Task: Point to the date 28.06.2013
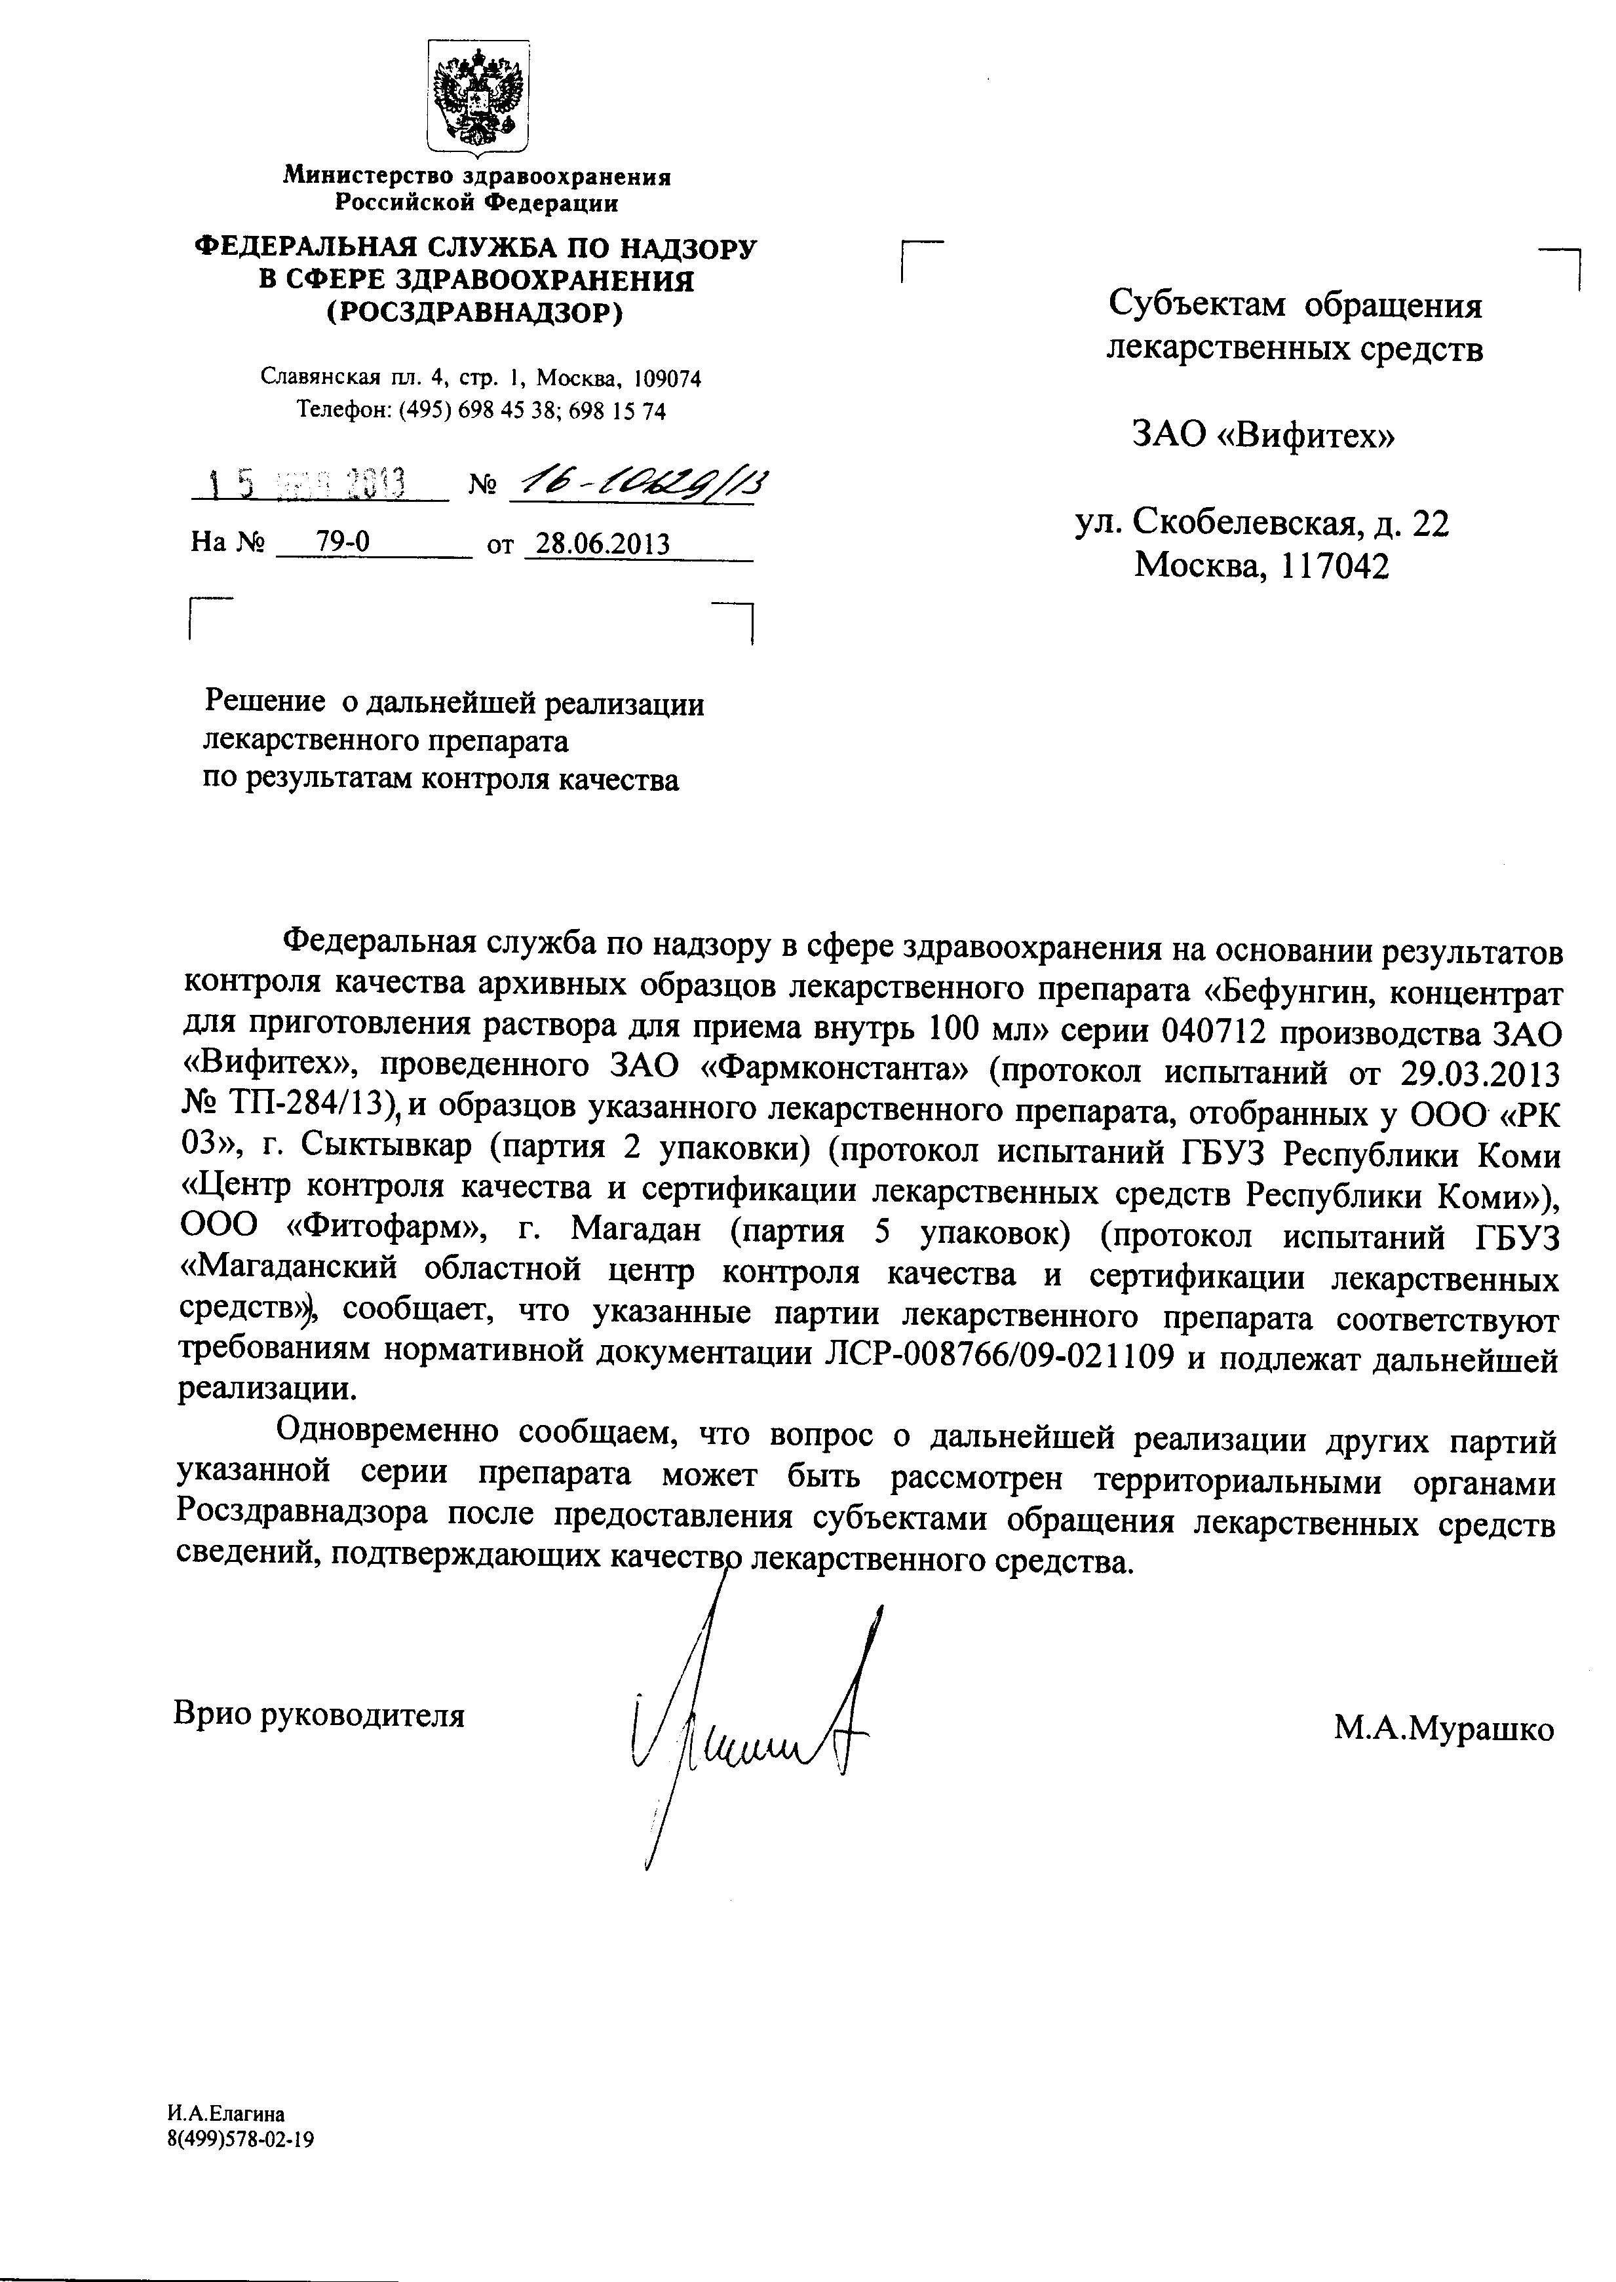coord(603,544)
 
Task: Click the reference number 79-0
coord(342,542)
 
